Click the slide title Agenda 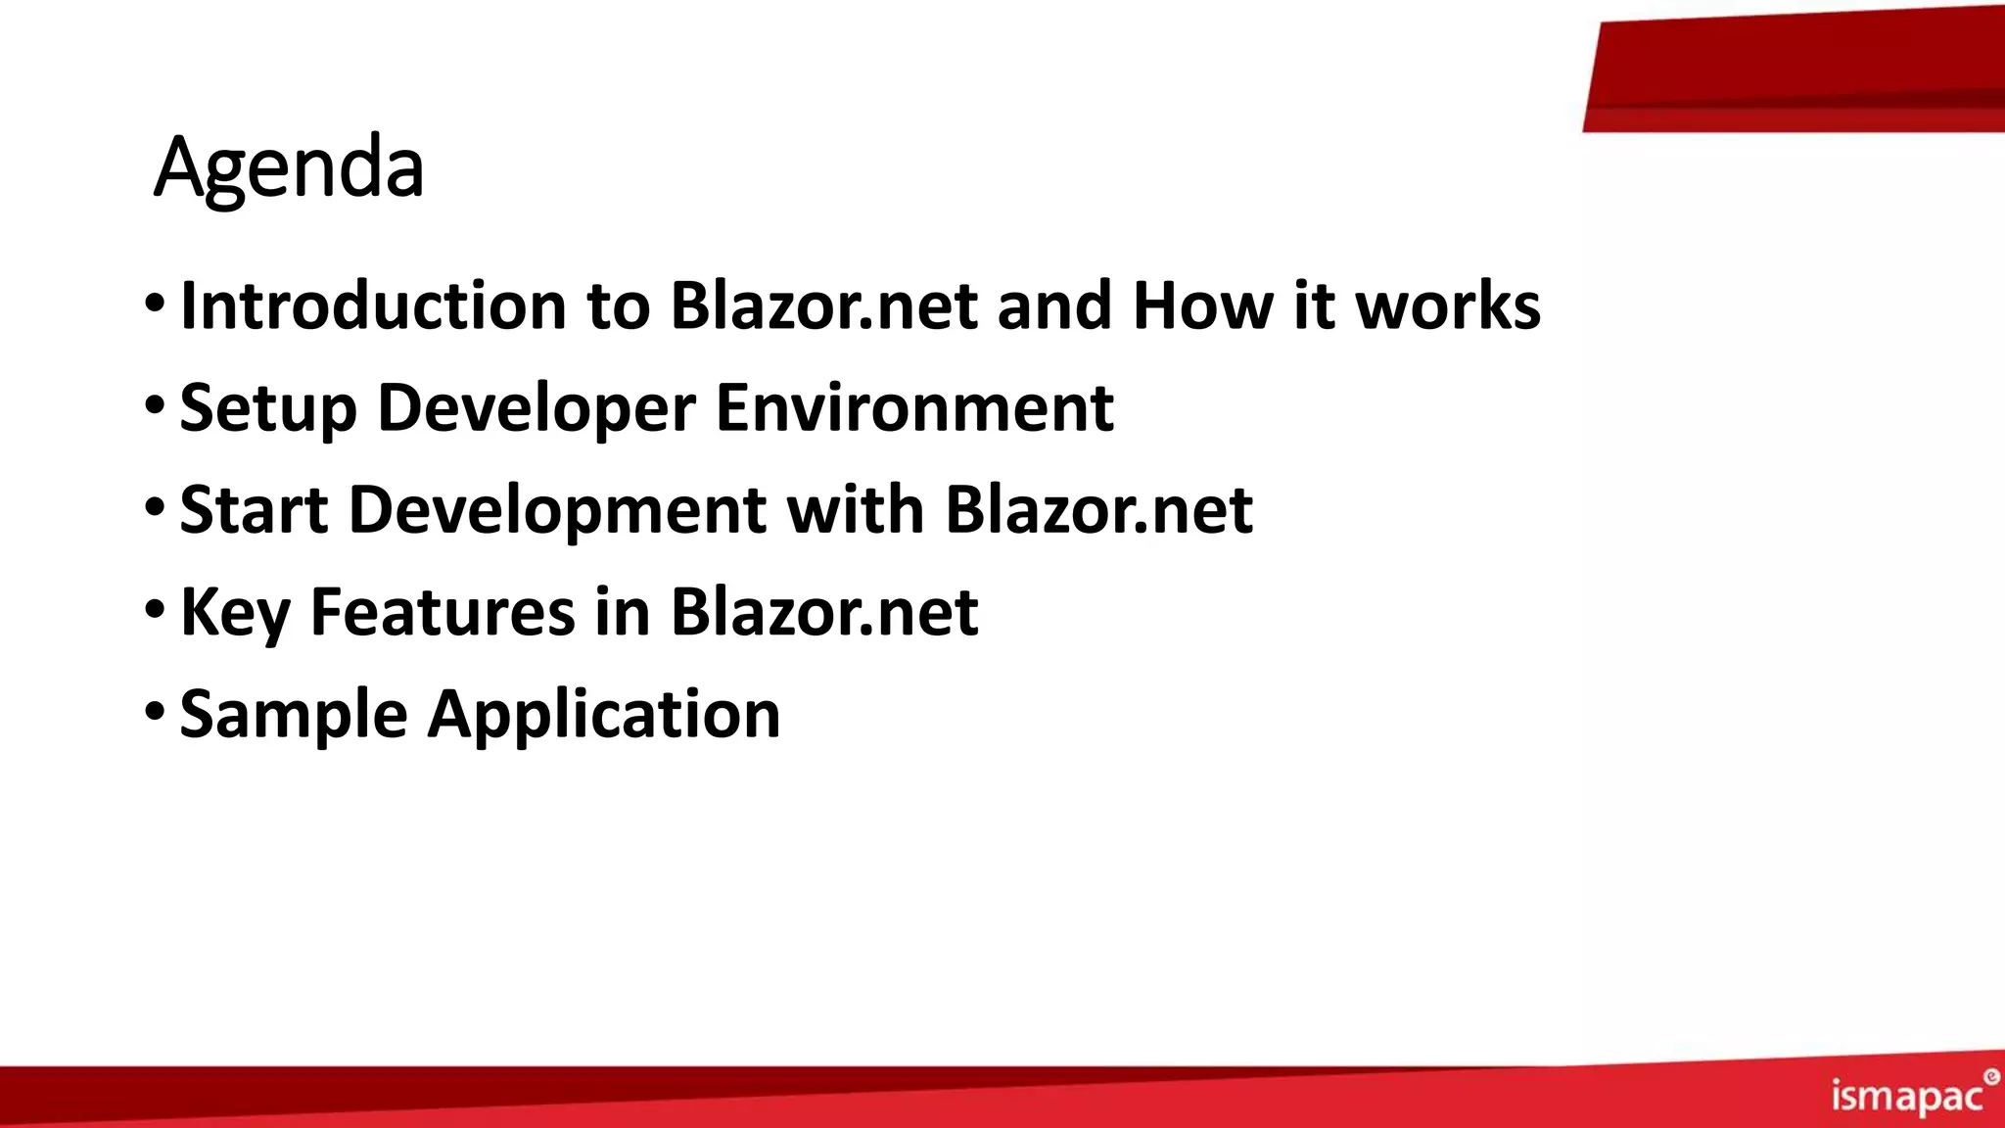289,167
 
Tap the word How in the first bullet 1202,305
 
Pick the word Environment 914,407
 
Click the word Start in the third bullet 254,510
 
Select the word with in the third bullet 856,510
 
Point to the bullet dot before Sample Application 155,710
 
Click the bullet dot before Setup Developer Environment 155,403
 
